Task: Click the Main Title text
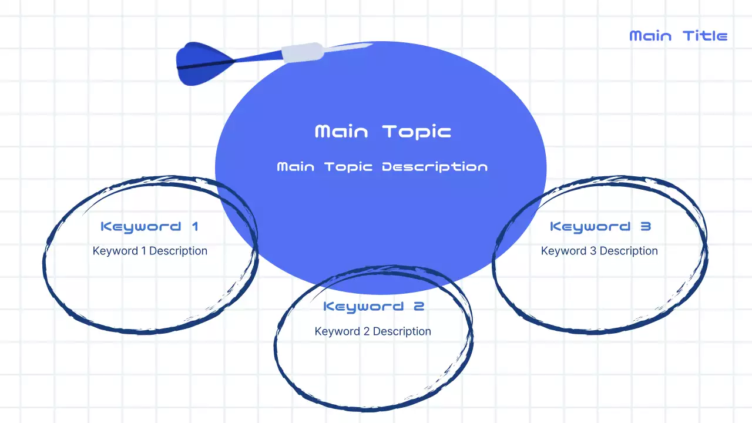click(678, 36)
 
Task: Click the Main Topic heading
click(383, 131)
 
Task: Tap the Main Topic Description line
click(382, 167)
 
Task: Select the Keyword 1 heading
click(150, 226)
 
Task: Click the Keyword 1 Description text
click(150, 251)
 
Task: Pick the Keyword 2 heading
click(373, 306)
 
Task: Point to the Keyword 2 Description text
click(373, 331)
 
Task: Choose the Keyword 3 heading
click(600, 226)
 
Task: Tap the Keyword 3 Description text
click(599, 251)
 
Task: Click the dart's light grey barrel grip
click(302, 52)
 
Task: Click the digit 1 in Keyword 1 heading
click(194, 226)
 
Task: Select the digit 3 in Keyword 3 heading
click(645, 226)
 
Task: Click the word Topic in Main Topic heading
click(417, 131)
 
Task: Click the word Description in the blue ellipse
click(435, 167)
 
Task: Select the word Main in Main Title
click(650, 36)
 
